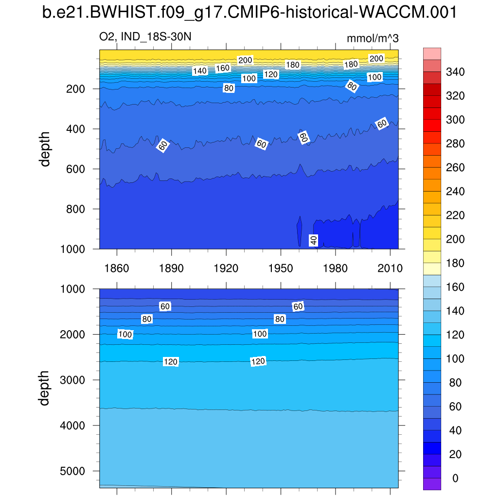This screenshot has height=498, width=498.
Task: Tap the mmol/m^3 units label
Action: (373, 38)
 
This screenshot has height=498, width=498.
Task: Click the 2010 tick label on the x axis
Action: (390, 268)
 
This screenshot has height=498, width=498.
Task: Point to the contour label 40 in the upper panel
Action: (314, 240)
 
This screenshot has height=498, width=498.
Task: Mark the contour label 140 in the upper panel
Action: (200, 71)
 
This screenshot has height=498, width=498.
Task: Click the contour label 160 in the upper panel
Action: (223, 68)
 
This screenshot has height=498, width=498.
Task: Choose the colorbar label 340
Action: (455, 72)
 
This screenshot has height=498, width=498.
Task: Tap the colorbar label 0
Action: (455, 479)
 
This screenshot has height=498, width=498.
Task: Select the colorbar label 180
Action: (455, 264)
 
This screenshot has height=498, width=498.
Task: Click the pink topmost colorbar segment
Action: (432, 53)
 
